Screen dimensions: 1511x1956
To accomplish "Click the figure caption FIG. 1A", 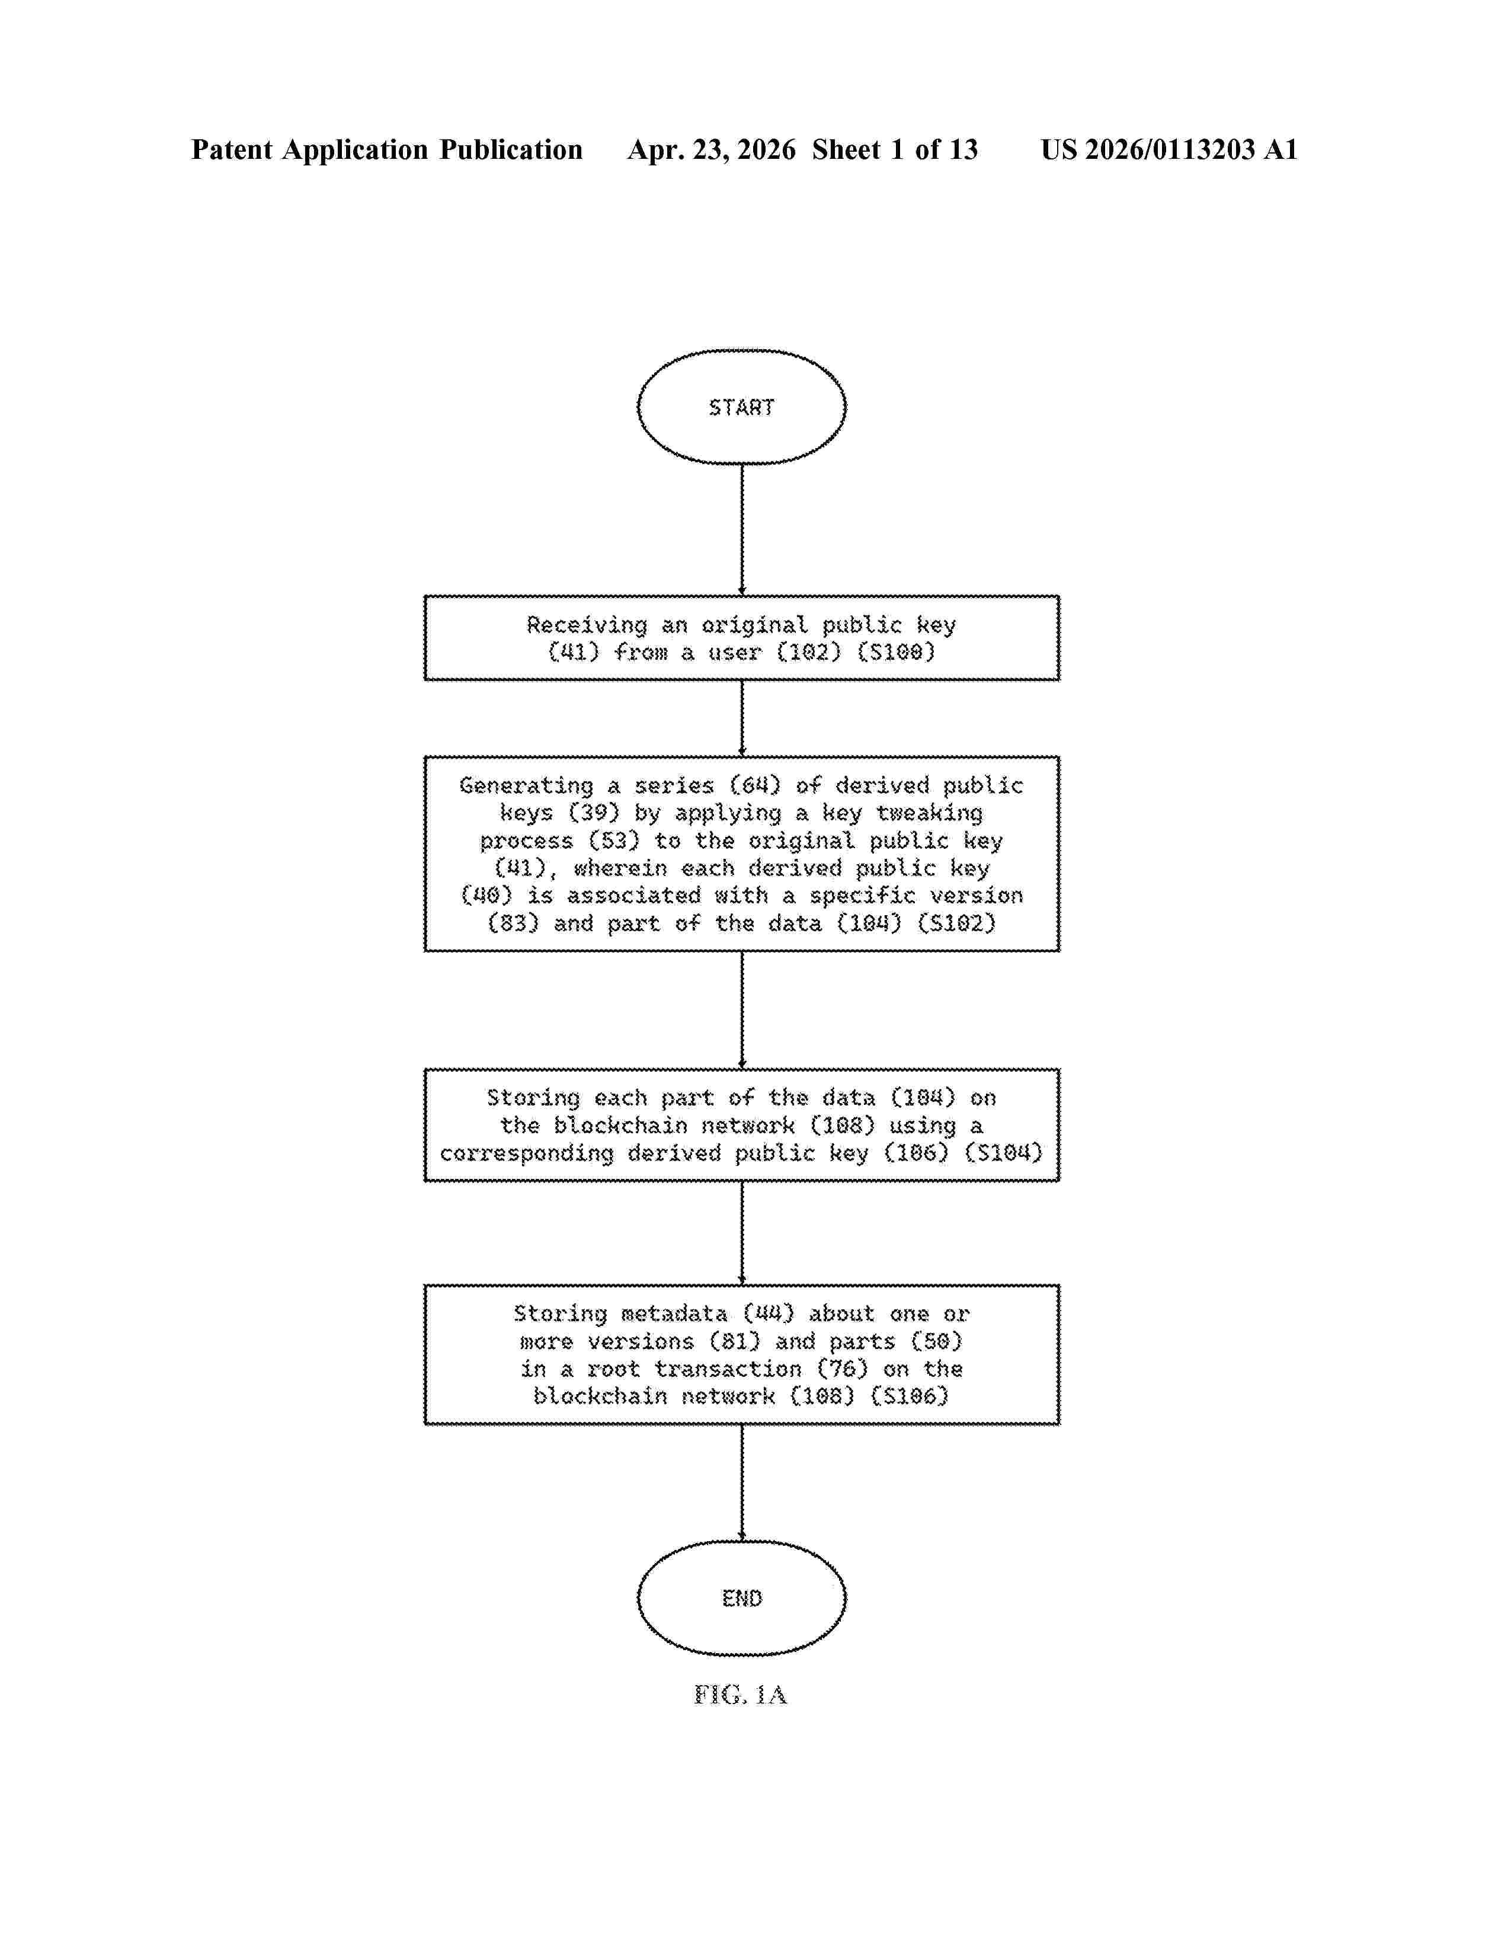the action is tap(740, 1695).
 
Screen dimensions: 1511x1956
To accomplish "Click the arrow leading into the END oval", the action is tap(741, 1483).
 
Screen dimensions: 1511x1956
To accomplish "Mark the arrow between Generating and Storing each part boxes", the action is tap(741, 1010).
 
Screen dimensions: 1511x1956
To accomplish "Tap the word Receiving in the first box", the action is tap(586, 625).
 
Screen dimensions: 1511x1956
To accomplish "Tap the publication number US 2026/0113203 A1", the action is tap(1169, 149).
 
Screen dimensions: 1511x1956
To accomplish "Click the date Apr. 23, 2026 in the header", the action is tap(712, 149).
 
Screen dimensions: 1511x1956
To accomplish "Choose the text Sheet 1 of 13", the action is tap(895, 149).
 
